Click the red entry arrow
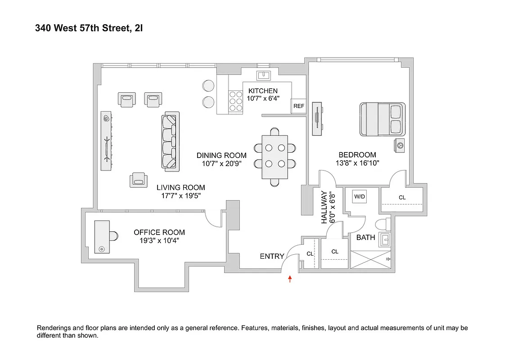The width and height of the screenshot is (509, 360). point(290,279)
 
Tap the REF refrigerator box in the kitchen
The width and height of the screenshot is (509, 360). point(298,106)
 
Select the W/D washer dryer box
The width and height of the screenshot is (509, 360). point(360,197)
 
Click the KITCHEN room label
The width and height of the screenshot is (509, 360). point(263,91)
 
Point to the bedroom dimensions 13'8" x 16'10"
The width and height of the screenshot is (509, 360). point(357,163)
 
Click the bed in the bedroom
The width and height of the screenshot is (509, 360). point(383,119)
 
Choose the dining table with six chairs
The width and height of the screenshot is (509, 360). point(275,157)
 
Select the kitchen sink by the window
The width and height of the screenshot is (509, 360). point(263,75)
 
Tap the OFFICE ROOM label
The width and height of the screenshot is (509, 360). point(159,232)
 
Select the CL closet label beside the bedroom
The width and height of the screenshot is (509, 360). point(402,197)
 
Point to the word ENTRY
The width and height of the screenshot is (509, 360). point(272,256)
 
